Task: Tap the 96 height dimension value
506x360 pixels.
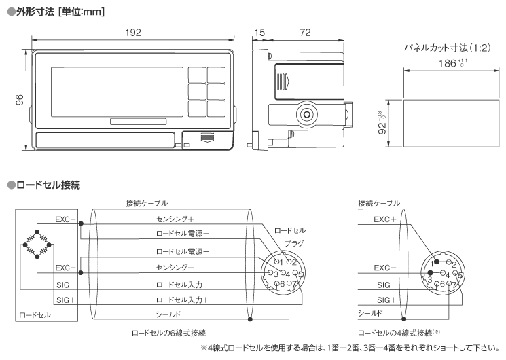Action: coord(20,100)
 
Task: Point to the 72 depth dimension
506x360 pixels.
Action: coord(305,31)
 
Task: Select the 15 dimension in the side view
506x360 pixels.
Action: coord(259,31)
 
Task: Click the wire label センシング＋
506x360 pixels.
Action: coord(175,219)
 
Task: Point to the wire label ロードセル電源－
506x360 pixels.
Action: coord(183,251)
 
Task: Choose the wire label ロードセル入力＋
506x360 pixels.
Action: coord(183,299)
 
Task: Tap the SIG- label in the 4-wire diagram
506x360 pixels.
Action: coord(384,285)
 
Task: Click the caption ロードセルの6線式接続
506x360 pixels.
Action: coord(169,334)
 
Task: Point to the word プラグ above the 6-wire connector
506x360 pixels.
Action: coord(294,242)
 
